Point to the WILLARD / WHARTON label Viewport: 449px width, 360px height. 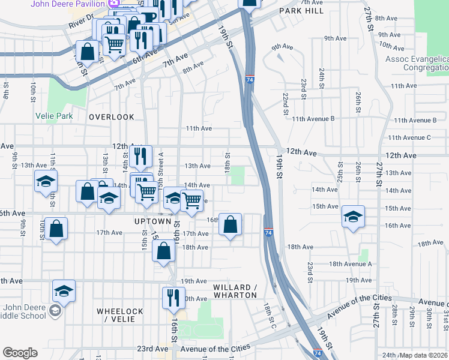(x=235, y=291)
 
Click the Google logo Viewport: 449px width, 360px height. (x=20, y=353)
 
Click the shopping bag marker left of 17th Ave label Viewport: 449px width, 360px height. (x=56, y=228)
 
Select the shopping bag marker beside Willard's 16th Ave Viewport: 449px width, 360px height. (x=230, y=224)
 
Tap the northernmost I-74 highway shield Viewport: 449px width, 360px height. (x=249, y=79)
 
